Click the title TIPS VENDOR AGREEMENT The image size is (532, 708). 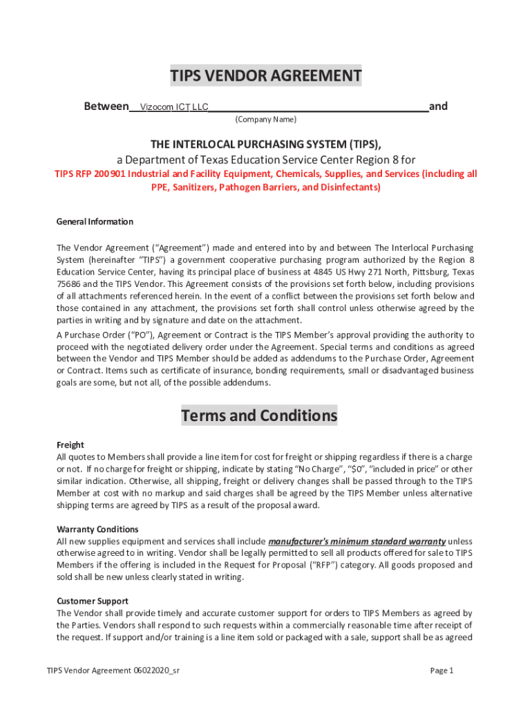(x=266, y=76)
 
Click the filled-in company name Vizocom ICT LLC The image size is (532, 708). (x=174, y=107)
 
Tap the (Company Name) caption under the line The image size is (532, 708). (x=266, y=120)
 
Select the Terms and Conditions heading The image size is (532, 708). (x=259, y=416)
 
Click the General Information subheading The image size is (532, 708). (x=95, y=222)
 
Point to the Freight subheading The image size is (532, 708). (x=70, y=445)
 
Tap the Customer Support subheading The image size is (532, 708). (x=92, y=601)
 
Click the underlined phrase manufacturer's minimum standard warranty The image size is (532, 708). (x=357, y=541)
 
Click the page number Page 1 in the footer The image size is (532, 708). (x=441, y=670)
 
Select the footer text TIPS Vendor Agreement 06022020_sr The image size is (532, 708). (x=113, y=670)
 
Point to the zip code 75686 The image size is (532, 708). (x=68, y=283)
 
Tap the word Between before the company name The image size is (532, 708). (x=106, y=106)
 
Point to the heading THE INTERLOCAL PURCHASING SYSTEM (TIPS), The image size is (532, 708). (x=266, y=144)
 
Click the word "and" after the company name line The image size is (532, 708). (x=438, y=106)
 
